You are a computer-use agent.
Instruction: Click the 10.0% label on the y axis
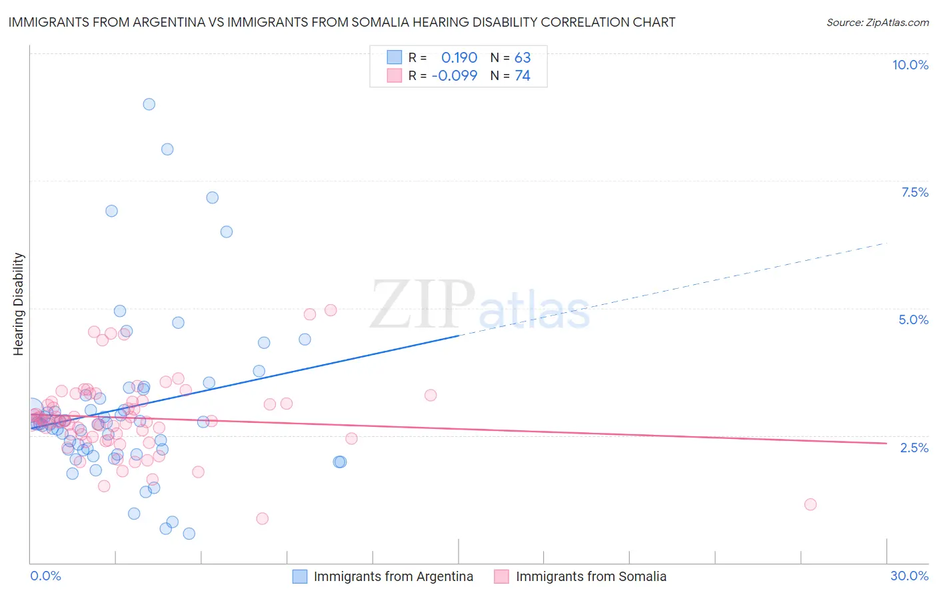910,65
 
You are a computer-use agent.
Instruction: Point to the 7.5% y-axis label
914,192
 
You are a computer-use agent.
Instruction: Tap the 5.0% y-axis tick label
913,320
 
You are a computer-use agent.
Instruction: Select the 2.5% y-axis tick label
914,448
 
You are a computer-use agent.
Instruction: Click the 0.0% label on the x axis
45,576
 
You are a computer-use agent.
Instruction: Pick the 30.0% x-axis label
909,576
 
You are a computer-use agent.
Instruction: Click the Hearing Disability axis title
19,304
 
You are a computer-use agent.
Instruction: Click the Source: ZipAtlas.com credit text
877,23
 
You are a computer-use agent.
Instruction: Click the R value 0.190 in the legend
459,58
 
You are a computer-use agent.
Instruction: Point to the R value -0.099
455,76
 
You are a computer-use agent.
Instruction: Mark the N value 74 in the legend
522,76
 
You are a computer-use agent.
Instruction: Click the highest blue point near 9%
149,104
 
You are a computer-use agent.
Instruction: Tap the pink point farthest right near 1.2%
810,504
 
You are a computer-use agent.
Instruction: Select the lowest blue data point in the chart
189,534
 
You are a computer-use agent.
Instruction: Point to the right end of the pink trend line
886,443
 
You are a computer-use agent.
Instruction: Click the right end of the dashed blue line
886,243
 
